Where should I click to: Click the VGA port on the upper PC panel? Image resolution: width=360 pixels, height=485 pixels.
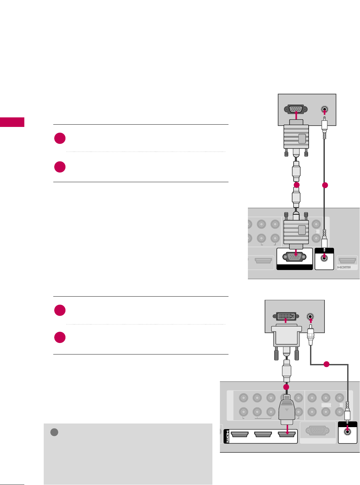[x=296, y=109]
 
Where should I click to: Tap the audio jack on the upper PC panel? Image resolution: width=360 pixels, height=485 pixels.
[x=325, y=110]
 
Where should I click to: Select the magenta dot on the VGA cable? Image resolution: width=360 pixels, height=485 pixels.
[x=297, y=185]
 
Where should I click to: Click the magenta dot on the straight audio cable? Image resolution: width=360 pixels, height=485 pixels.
[x=325, y=185]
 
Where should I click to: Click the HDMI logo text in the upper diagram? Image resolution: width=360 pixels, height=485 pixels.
[x=344, y=267]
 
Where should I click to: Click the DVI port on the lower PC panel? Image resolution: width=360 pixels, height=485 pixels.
[x=286, y=317]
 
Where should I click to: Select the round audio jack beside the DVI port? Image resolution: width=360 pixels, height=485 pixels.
[x=310, y=317]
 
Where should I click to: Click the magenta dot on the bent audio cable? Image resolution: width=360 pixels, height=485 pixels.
[x=326, y=364]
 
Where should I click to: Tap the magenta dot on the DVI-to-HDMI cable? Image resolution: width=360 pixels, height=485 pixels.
[x=286, y=387]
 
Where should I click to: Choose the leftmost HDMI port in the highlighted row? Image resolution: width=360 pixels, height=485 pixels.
[x=240, y=435]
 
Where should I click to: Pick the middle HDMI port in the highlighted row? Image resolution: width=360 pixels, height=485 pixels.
[x=263, y=435]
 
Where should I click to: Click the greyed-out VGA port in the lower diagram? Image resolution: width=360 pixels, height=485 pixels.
[x=318, y=431]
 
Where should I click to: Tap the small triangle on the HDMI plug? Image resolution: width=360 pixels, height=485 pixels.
[x=287, y=410]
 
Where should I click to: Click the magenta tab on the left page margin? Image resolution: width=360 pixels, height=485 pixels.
[x=12, y=122]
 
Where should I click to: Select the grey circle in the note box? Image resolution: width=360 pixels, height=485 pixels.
[x=55, y=432]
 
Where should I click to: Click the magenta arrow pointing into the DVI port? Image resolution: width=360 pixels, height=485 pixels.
[x=286, y=321]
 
